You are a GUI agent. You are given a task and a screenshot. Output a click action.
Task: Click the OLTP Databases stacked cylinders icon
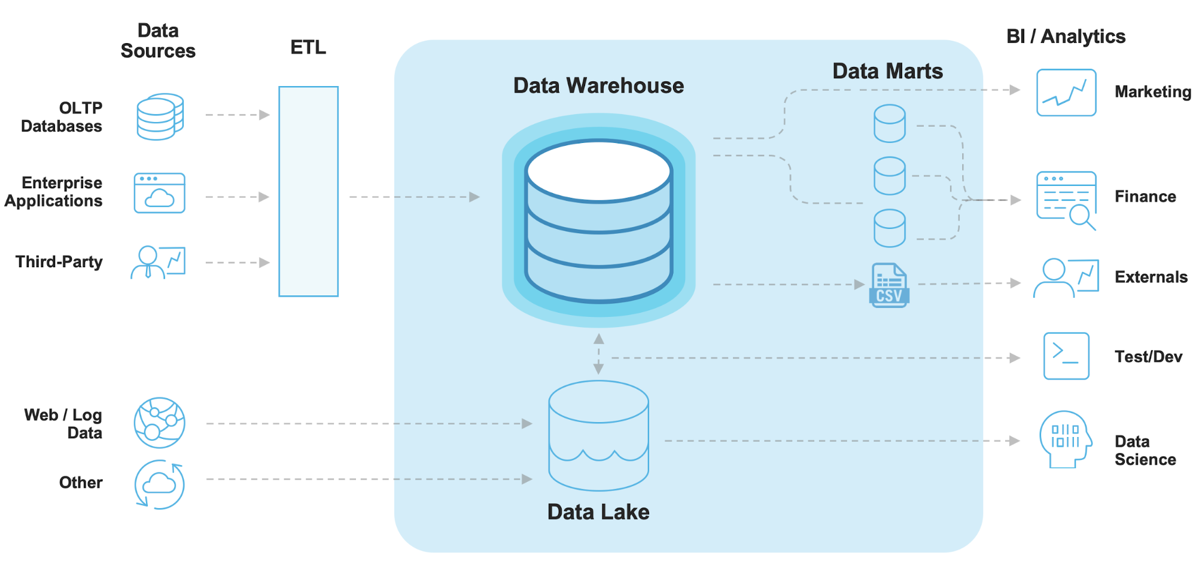click(x=160, y=117)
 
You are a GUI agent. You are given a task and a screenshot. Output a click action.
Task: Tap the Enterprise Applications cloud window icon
click(x=159, y=193)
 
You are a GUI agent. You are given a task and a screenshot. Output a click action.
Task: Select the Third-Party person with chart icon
click(x=158, y=262)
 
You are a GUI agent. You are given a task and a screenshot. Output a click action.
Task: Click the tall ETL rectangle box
click(x=308, y=191)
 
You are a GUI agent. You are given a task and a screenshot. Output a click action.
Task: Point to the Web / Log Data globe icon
click(x=159, y=423)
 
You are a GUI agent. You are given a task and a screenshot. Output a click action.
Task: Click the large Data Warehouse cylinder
click(x=598, y=221)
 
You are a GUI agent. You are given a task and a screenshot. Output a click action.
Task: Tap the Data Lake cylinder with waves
click(x=598, y=435)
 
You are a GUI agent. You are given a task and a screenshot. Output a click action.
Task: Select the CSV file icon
click(x=889, y=285)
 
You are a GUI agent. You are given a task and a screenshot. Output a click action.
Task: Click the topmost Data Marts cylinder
click(x=889, y=124)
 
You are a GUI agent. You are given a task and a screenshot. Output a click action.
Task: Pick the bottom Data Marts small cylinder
click(x=889, y=228)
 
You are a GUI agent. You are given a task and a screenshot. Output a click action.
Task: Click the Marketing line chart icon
click(x=1066, y=93)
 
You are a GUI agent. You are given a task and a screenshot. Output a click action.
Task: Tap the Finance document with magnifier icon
click(x=1067, y=199)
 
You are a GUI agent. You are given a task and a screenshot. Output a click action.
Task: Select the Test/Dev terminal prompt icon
click(x=1066, y=356)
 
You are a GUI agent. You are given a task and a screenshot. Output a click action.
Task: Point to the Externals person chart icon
click(x=1066, y=277)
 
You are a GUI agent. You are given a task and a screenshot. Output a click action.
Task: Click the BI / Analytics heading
click(x=1066, y=36)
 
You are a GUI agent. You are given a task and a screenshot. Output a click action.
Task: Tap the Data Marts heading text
click(x=887, y=71)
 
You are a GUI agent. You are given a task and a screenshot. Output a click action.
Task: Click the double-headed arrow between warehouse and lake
click(x=598, y=354)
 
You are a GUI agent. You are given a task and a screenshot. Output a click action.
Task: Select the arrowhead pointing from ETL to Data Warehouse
click(x=474, y=197)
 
